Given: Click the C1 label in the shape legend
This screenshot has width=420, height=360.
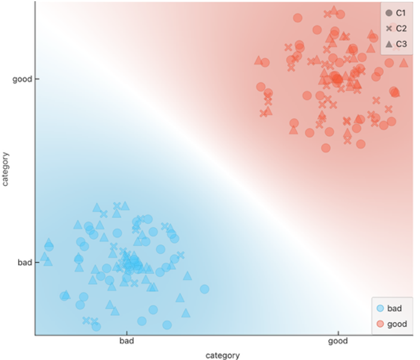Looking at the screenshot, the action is [x=401, y=13].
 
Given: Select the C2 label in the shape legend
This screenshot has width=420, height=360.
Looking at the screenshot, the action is [x=401, y=28].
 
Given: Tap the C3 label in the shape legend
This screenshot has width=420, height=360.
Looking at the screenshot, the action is [x=401, y=44].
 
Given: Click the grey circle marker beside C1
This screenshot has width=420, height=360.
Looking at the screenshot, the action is [x=389, y=13].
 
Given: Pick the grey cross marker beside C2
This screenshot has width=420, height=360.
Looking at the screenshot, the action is [x=389, y=28].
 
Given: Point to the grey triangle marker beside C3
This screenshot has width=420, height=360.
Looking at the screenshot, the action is [x=389, y=44].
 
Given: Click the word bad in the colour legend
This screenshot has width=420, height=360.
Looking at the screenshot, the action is [x=394, y=309].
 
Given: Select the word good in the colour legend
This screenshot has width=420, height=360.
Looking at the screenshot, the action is [x=397, y=324].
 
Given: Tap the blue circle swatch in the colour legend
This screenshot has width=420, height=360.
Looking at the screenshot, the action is [x=380, y=308].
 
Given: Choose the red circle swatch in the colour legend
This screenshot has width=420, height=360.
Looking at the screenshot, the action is [x=380, y=324].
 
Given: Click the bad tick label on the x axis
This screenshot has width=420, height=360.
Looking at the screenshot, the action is [x=127, y=341].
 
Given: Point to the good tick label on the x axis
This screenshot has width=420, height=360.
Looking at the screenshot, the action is [x=338, y=341].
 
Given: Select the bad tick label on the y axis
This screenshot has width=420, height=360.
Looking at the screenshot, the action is [x=25, y=262].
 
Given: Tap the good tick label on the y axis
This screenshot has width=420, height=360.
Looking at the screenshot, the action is [x=22, y=79].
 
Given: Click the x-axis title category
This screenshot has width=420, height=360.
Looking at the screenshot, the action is [x=223, y=356].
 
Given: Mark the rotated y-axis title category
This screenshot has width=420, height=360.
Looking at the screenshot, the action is [x=5, y=169].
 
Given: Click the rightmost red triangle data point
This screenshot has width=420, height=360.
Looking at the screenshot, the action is [x=404, y=63].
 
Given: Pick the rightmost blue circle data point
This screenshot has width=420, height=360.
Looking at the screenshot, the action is [x=205, y=289].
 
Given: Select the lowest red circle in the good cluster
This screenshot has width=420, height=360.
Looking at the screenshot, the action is [x=326, y=148].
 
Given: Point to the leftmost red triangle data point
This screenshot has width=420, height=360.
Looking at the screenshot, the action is [x=258, y=60].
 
